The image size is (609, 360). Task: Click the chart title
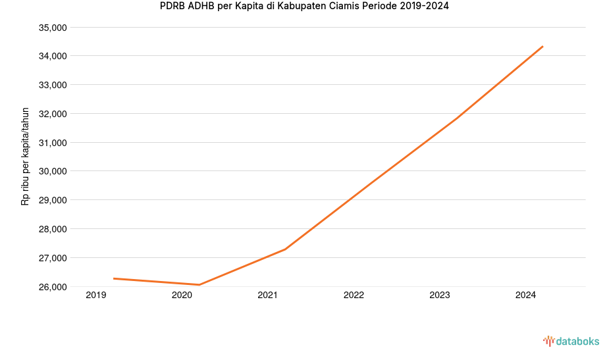tap(304, 7)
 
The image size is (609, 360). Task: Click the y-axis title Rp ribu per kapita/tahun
tap(25, 157)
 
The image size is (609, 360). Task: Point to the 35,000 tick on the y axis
tap(53, 28)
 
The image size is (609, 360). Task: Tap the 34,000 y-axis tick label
tap(53, 56)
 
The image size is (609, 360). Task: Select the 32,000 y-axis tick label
tap(53, 114)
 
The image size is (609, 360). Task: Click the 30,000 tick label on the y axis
tap(53, 171)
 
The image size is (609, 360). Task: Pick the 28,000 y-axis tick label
tap(53, 229)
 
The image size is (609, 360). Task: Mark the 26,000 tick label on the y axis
tap(53, 287)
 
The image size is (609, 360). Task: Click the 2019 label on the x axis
tap(96, 296)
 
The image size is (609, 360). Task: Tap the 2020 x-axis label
tap(182, 296)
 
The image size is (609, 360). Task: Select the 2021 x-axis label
tap(268, 296)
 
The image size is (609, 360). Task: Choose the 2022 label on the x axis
tap(354, 296)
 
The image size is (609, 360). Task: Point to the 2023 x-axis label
tap(440, 296)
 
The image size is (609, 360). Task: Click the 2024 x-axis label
tap(525, 296)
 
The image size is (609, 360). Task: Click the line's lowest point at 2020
tap(199, 285)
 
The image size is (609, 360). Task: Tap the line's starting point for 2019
tap(114, 278)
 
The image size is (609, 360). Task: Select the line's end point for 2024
tap(543, 46)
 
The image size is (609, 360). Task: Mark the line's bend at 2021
tap(285, 249)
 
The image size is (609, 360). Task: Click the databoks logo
tap(571, 341)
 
